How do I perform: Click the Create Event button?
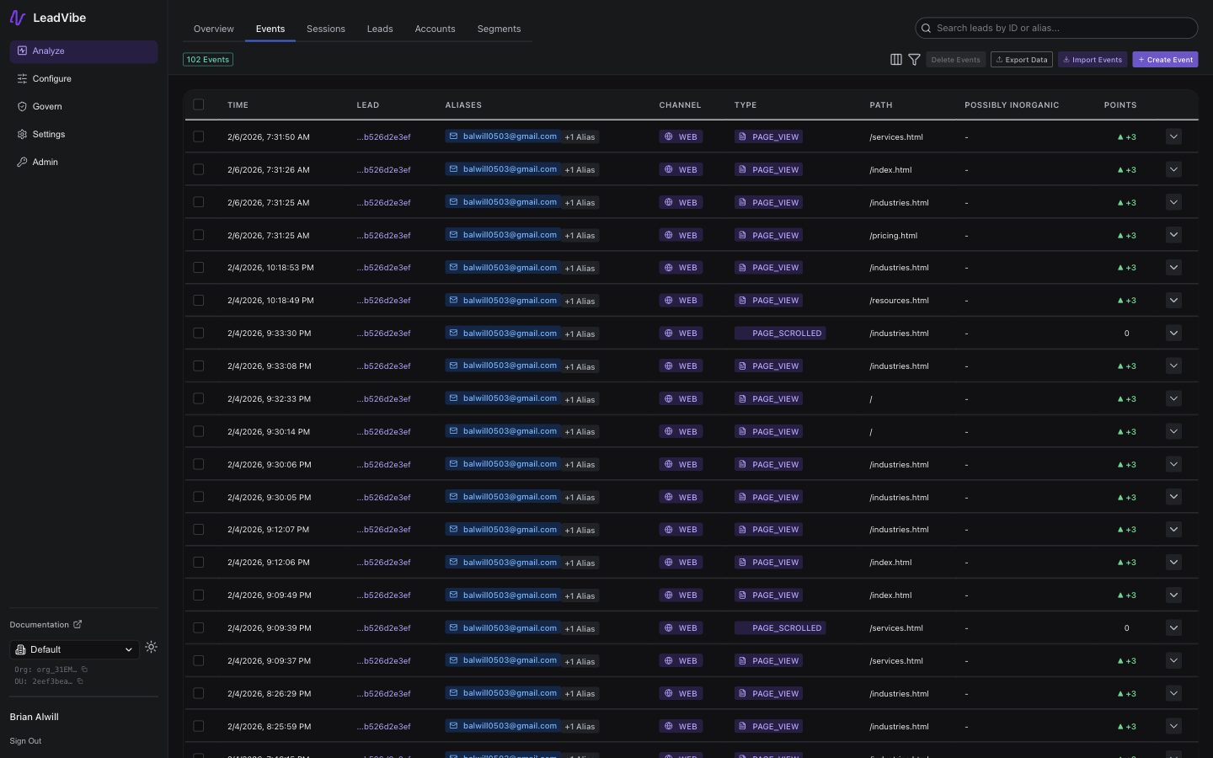tap(1165, 60)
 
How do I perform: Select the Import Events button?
tap(1092, 60)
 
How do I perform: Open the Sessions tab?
tap(325, 29)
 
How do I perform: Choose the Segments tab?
tap(499, 29)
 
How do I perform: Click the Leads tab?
tap(380, 29)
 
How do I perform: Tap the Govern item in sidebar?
tap(47, 106)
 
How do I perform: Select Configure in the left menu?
tap(51, 78)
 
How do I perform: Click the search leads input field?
tap(1061, 28)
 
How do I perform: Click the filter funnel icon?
tap(914, 60)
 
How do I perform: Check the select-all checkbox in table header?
tap(199, 104)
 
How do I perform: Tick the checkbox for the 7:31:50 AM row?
tap(199, 136)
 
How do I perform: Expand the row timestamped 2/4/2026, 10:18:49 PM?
tap(1173, 301)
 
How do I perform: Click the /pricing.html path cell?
tap(893, 236)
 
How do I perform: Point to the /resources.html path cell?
tap(899, 301)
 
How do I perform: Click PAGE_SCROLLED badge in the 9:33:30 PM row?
tap(780, 334)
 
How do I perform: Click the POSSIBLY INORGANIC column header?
tap(1012, 105)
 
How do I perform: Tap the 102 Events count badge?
tap(208, 60)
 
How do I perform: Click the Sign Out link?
tap(25, 741)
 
